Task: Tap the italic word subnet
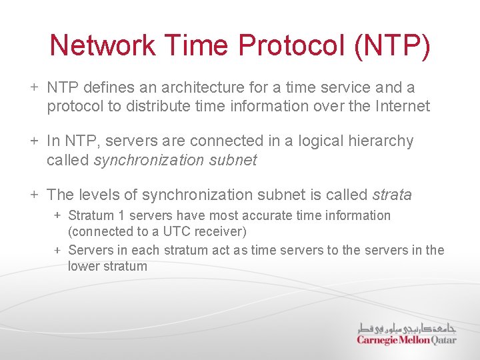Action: (x=233, y=160)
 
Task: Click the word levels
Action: (x=98, y=195)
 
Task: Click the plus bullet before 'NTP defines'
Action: (x=33, y=87)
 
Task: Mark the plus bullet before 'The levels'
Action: (x=33, y=195)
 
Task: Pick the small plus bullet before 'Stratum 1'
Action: (x=58, y=215)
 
